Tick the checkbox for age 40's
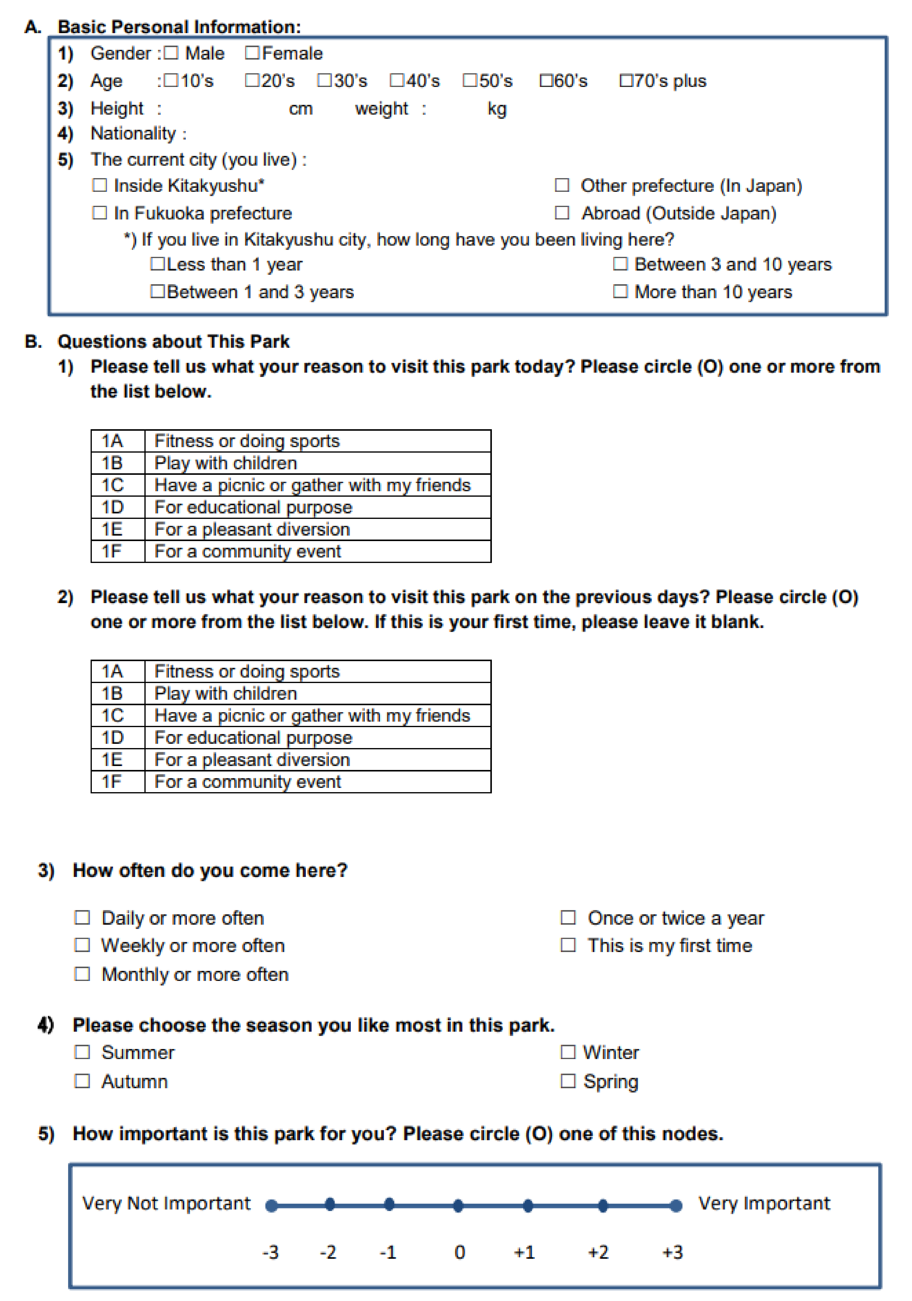tap(397, 81)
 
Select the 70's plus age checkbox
tap(626, 81)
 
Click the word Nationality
tap(133, 134)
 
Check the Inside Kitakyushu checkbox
tap(100, 185)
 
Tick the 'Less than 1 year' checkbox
tap(157, 264)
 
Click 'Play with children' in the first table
tap(226, 463)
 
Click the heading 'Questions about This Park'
tap(174, 342)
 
